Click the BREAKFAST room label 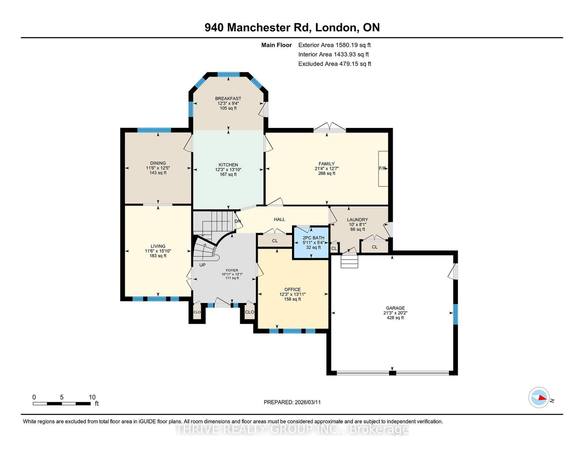tap(228, 98)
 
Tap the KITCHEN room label tap(228, 165)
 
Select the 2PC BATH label tap(314, 238)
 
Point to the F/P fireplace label tap(382, 168)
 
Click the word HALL tap(280, 219)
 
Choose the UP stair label tap(202, 265)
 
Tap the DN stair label tap(238, 221)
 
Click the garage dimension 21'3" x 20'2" tap(395, 313)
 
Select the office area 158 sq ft tap(292, 299)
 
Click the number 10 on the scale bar tap(92, 397)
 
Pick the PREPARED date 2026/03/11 tap(308, 402)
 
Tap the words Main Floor tap(277, 45)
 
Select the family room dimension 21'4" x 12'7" tap(327, 168)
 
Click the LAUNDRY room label tap(357, 219)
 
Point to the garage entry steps tap(349, 261)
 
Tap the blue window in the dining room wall tap(154, 130)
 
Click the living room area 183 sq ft tap(158, 256)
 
